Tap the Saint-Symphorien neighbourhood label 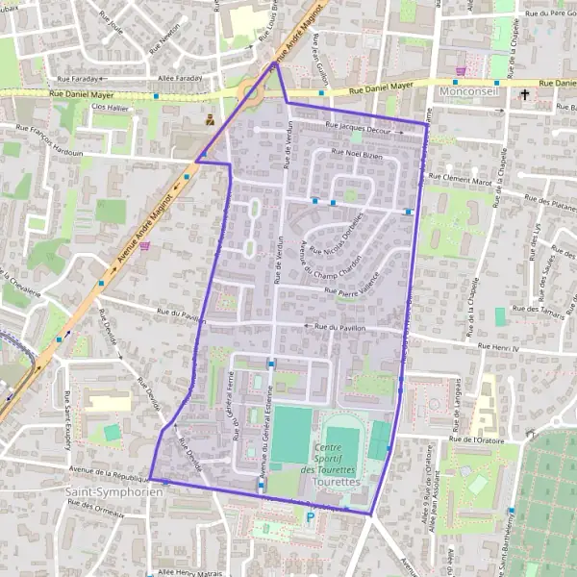coord(107,491)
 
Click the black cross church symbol coord(525,94)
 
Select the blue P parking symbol coord(310,518)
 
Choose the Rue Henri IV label coord(499,345)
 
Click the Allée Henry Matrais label coord(189,571)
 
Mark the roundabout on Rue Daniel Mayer coord(252,93)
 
